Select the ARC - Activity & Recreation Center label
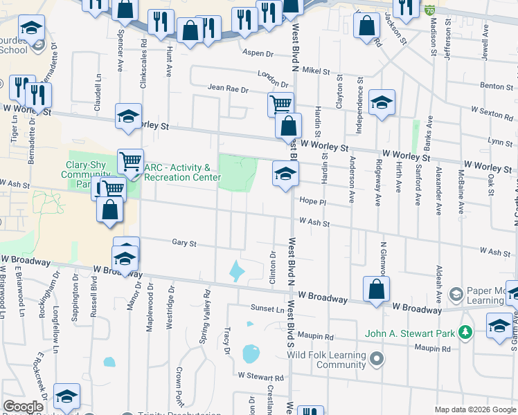(177, 172)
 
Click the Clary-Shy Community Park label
(86, 174)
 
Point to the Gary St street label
(184, 243)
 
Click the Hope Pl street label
(312, 201)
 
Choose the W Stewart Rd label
(260, 377)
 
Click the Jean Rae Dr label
(229, 88)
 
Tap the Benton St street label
(496, 86)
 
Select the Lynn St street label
(499, 141)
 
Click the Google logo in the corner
(23, 407)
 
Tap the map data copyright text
(475, 409)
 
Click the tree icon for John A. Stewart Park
(467, 333)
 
